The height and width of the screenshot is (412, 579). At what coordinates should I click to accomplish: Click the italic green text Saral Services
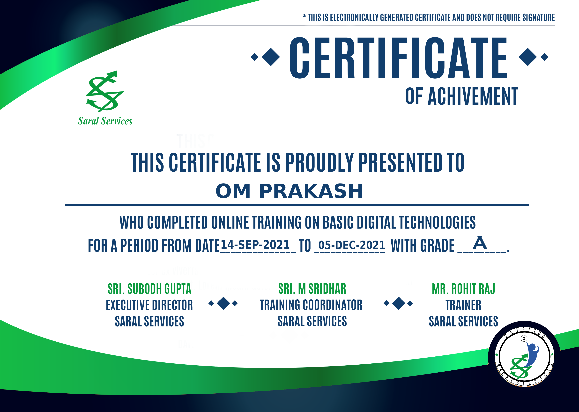coord(105,121)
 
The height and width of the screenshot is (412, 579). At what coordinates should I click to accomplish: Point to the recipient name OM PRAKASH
coord(289,191)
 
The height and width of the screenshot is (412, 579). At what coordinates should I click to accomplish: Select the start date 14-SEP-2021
coord(255,245)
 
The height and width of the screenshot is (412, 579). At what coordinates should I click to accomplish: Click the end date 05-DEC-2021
coord(352,245)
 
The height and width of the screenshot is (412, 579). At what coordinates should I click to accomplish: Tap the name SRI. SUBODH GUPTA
coord(149,289)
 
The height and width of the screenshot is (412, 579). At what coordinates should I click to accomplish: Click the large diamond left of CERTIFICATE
coord(271,57)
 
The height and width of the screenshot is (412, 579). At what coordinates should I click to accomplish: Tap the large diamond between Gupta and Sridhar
coord(223,303)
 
